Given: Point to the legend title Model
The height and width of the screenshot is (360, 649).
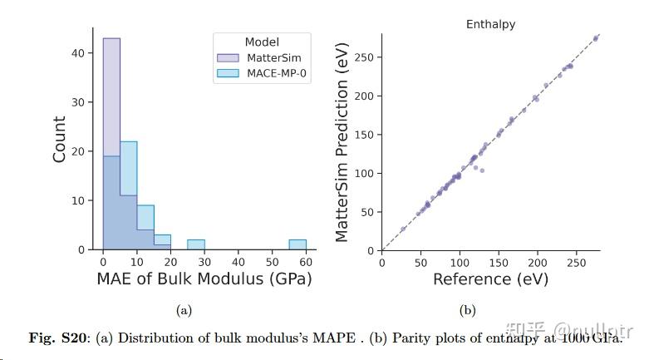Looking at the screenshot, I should pos(261,42).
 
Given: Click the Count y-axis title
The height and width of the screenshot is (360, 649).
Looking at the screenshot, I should pos(60,139).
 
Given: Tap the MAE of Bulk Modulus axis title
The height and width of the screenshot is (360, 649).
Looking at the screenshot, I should pos(204,279).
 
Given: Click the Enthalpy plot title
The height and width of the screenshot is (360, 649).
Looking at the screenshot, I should pos(490,24).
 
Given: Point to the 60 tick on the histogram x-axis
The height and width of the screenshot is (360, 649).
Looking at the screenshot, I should pos(306,259).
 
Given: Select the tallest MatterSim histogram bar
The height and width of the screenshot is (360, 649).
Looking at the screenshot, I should pos(111,100).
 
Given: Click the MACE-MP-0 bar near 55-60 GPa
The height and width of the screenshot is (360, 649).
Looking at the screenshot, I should pos(297,244).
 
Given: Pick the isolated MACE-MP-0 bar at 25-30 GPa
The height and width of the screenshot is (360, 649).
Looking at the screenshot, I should pos(196,244).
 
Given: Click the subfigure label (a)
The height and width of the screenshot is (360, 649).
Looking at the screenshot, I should pos(184,310).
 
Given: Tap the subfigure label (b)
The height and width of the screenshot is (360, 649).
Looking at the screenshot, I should pos(468,310).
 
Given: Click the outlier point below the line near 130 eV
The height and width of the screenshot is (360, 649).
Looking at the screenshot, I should pos(482,170).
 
